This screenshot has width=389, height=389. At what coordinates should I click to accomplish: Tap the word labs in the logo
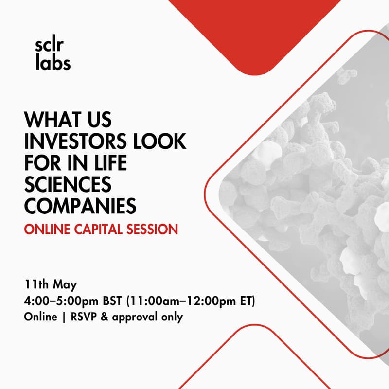(53, 62)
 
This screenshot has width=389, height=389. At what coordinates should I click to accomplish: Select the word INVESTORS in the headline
(77, 141)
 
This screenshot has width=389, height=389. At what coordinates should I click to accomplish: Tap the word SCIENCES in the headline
(68, 184)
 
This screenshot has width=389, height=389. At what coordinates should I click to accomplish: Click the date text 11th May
(51, 284)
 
